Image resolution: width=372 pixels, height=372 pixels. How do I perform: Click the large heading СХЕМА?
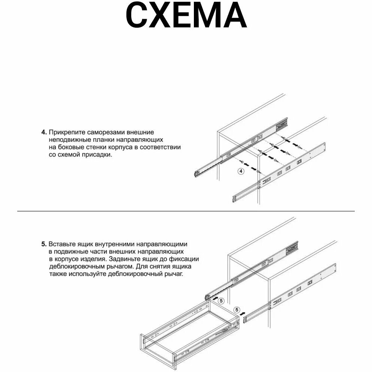(x=186, y=16)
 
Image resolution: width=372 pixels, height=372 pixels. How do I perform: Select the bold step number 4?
(x=44, y=132)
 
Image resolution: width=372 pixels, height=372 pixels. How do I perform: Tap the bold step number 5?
(x=44, y=244)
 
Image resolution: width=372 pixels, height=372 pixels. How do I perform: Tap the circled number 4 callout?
(x=241, y=171)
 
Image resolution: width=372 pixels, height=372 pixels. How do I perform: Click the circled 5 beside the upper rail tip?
(x=221, y=300)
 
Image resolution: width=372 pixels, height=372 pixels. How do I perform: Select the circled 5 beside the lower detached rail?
(x=236, y=310)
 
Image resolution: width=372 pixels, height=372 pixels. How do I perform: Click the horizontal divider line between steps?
(x=186, y=211)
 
